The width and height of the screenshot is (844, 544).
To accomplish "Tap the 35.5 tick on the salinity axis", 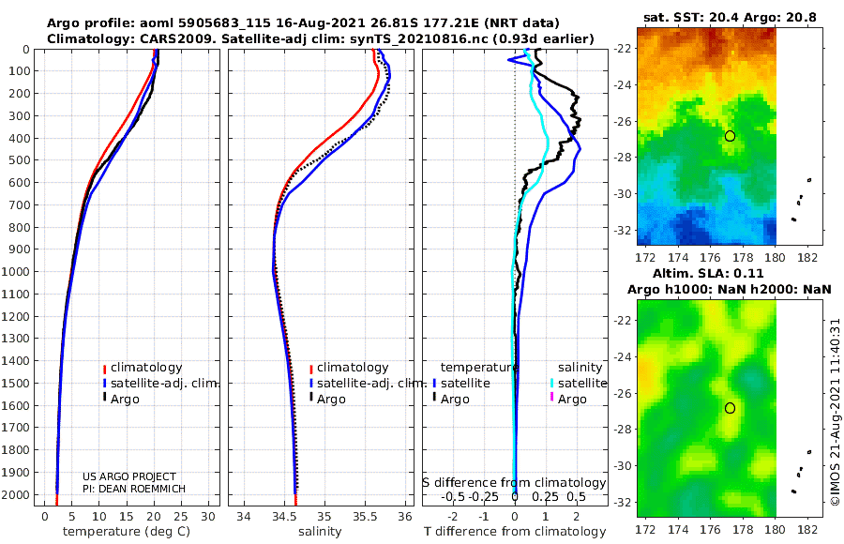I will point(364,517).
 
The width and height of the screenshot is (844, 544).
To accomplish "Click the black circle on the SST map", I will point(730,136).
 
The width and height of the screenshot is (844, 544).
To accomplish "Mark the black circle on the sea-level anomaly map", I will point(730,408).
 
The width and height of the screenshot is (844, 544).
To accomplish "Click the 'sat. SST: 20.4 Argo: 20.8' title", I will point(729,18).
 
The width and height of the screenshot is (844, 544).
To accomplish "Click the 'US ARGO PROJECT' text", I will point(129,476).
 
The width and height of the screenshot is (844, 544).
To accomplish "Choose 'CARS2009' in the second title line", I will point(161,38).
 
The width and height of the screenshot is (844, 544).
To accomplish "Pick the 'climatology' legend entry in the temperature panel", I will point(146,368).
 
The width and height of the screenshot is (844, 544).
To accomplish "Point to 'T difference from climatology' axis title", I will point(515,532).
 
